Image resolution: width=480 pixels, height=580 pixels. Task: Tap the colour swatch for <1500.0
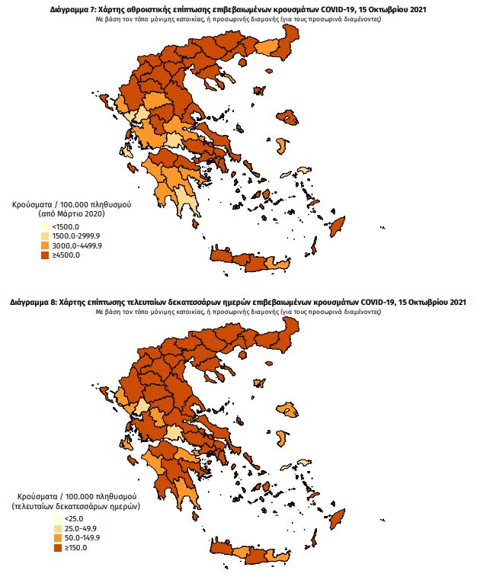point(46,226)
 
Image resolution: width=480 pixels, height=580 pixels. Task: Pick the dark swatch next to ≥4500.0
point(46,255)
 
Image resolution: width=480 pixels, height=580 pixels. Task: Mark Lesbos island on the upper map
point(287,117)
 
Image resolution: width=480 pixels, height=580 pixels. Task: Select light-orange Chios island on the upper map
point(303,171)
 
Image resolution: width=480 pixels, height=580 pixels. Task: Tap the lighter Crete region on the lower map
point(242,553)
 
